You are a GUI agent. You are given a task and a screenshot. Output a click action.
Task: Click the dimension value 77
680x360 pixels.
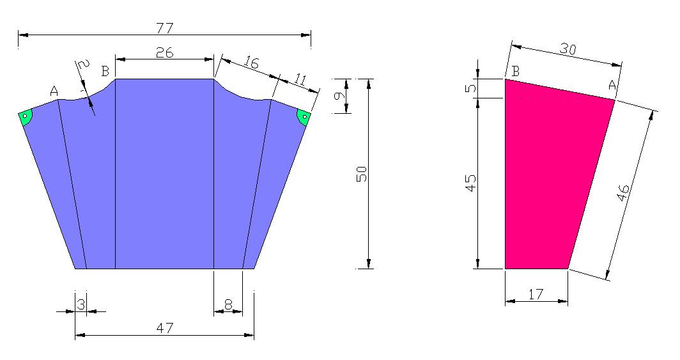tap(166, 29)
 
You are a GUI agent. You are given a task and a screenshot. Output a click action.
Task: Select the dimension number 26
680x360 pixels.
tap(164, 52)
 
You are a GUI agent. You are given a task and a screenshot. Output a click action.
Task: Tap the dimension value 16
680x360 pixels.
tap(251, 63)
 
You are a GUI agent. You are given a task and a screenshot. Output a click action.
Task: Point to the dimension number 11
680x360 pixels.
tap(300, 79)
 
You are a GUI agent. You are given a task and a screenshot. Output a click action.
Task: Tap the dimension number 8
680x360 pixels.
tap(228, 305)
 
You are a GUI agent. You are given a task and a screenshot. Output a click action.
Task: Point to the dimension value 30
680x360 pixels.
tap(568, 49)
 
